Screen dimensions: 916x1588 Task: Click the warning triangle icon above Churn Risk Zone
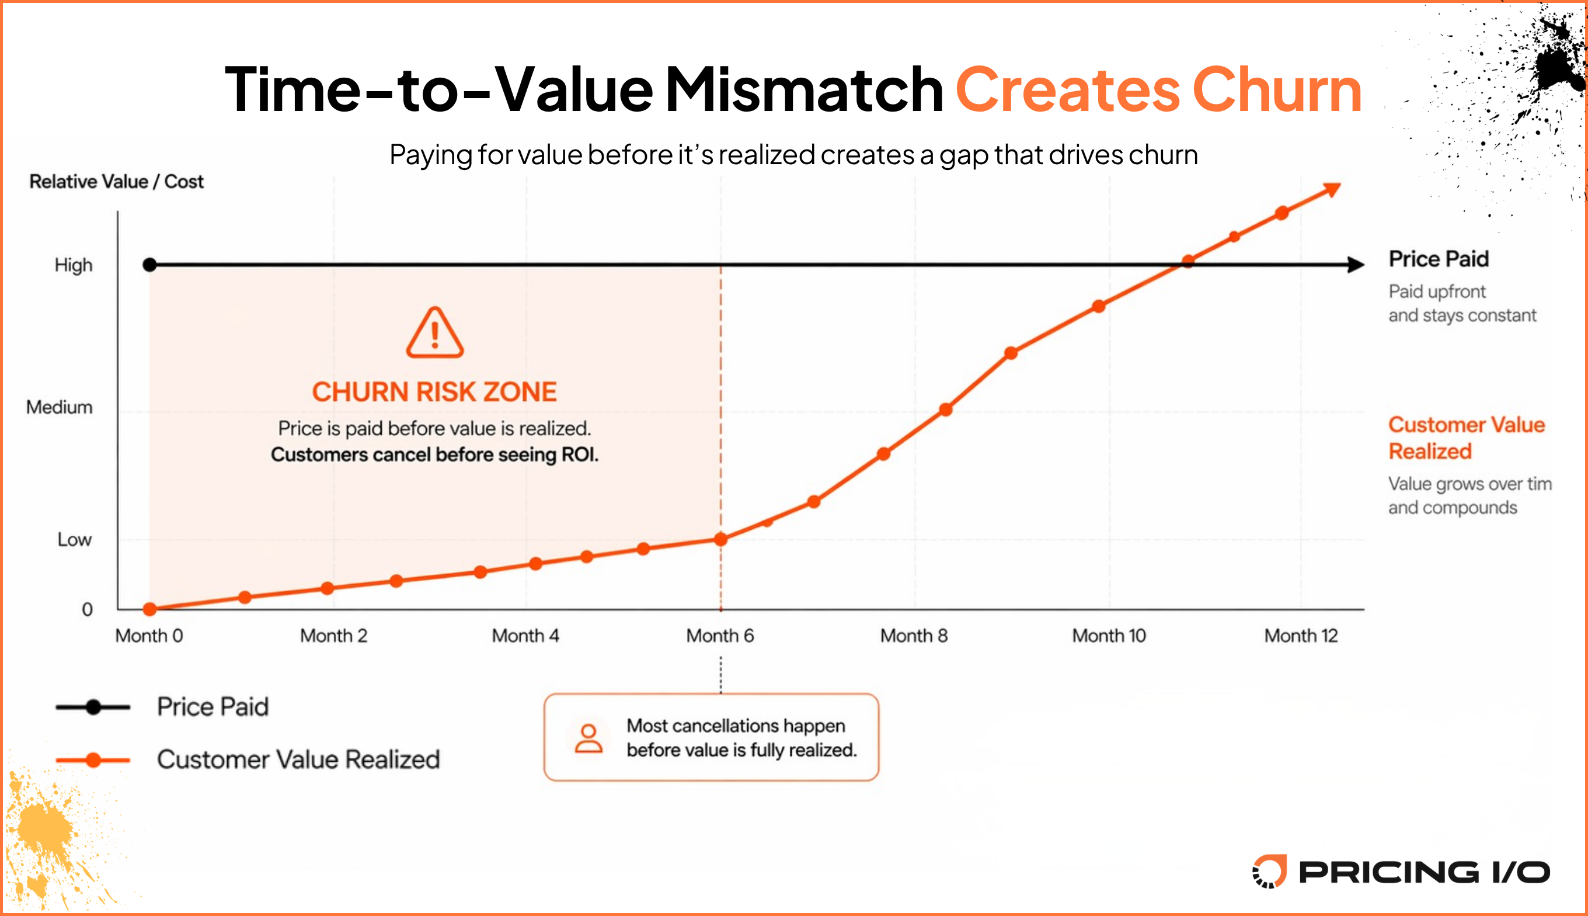(x=434, y=333)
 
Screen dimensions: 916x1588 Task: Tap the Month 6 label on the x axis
(x=720, y=636)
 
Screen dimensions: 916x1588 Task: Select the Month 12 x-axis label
(x=1301, y=636)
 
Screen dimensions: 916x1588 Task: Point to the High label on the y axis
(x=74, y=265)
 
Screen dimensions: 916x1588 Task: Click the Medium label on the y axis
(x=59, y=407)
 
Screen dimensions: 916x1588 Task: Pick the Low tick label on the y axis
(x=74, y=540)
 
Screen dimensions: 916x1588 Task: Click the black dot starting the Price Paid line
(x=149, y=265)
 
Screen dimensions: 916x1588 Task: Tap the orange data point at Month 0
(x=149, y=609)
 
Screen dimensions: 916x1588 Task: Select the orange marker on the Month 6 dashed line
(x=721, y=539)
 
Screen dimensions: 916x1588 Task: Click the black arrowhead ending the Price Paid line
(x=1356, y=265)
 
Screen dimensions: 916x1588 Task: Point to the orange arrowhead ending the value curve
(x=1332, y=189)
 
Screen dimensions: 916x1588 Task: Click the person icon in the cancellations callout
(x=588, y=738)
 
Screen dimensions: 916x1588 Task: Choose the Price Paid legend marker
(x=93, y=707)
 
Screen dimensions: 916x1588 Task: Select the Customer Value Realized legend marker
(x=93, y=760)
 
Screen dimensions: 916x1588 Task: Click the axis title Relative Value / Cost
(x=116, y=182)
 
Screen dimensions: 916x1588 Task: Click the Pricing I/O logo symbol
(x=1269, y=872)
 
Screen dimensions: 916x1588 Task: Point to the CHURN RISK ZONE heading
(x=434, y=392)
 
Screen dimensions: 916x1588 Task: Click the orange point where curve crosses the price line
(x=1187, y=261)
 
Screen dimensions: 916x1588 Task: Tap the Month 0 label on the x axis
(x=149, y=636)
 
